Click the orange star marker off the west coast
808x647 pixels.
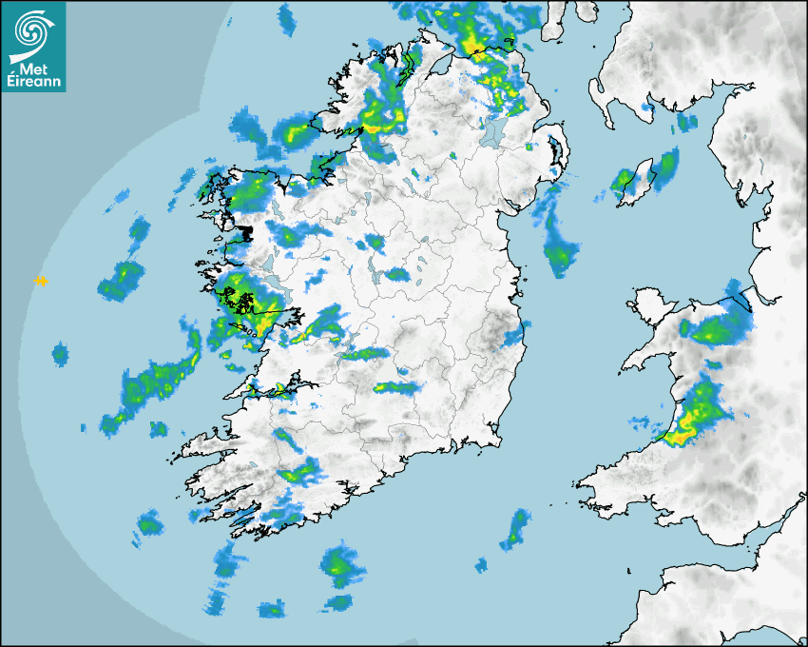click(x=41, y=281)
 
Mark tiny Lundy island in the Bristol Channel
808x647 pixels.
click(x=629, y=568)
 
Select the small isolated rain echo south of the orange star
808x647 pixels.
click(x=60, y=355)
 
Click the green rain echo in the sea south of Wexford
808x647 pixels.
click(x=516, y=528)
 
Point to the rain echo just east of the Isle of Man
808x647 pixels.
click(x=668, y=163)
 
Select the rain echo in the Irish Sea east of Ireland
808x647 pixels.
click(x=560, y=253)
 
